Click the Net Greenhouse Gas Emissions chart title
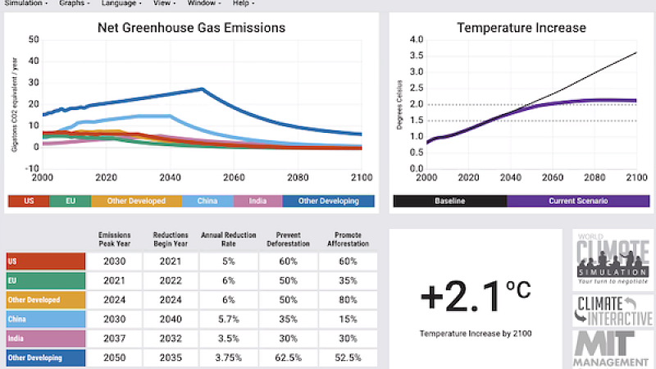pos(191,28)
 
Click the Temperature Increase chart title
pos(522,28)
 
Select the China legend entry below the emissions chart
pos(207,201)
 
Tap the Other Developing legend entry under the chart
pos(328,201)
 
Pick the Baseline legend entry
pos(449,201)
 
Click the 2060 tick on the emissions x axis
pos(234,177)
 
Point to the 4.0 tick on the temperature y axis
pos(416,39)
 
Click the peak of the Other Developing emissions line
pos(203,89)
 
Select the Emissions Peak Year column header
pos(114,239)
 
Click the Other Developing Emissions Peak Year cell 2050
pos(114,358)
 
